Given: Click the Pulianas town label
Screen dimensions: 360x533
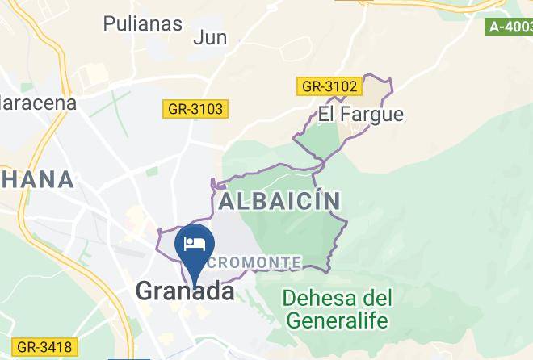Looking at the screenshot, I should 143,23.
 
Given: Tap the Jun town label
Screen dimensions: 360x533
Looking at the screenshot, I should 210,37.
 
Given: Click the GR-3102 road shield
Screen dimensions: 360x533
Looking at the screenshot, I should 329,85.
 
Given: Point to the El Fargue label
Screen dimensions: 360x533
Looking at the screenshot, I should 360,114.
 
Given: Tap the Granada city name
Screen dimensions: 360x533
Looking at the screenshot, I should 185,291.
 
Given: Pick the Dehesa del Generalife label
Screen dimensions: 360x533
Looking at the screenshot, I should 337,308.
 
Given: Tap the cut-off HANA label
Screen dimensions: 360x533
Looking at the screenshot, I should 36,179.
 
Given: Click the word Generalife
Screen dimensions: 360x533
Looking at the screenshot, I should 337,320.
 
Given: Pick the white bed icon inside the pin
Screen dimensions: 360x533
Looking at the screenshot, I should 194,243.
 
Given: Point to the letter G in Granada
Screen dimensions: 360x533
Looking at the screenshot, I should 146,291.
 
